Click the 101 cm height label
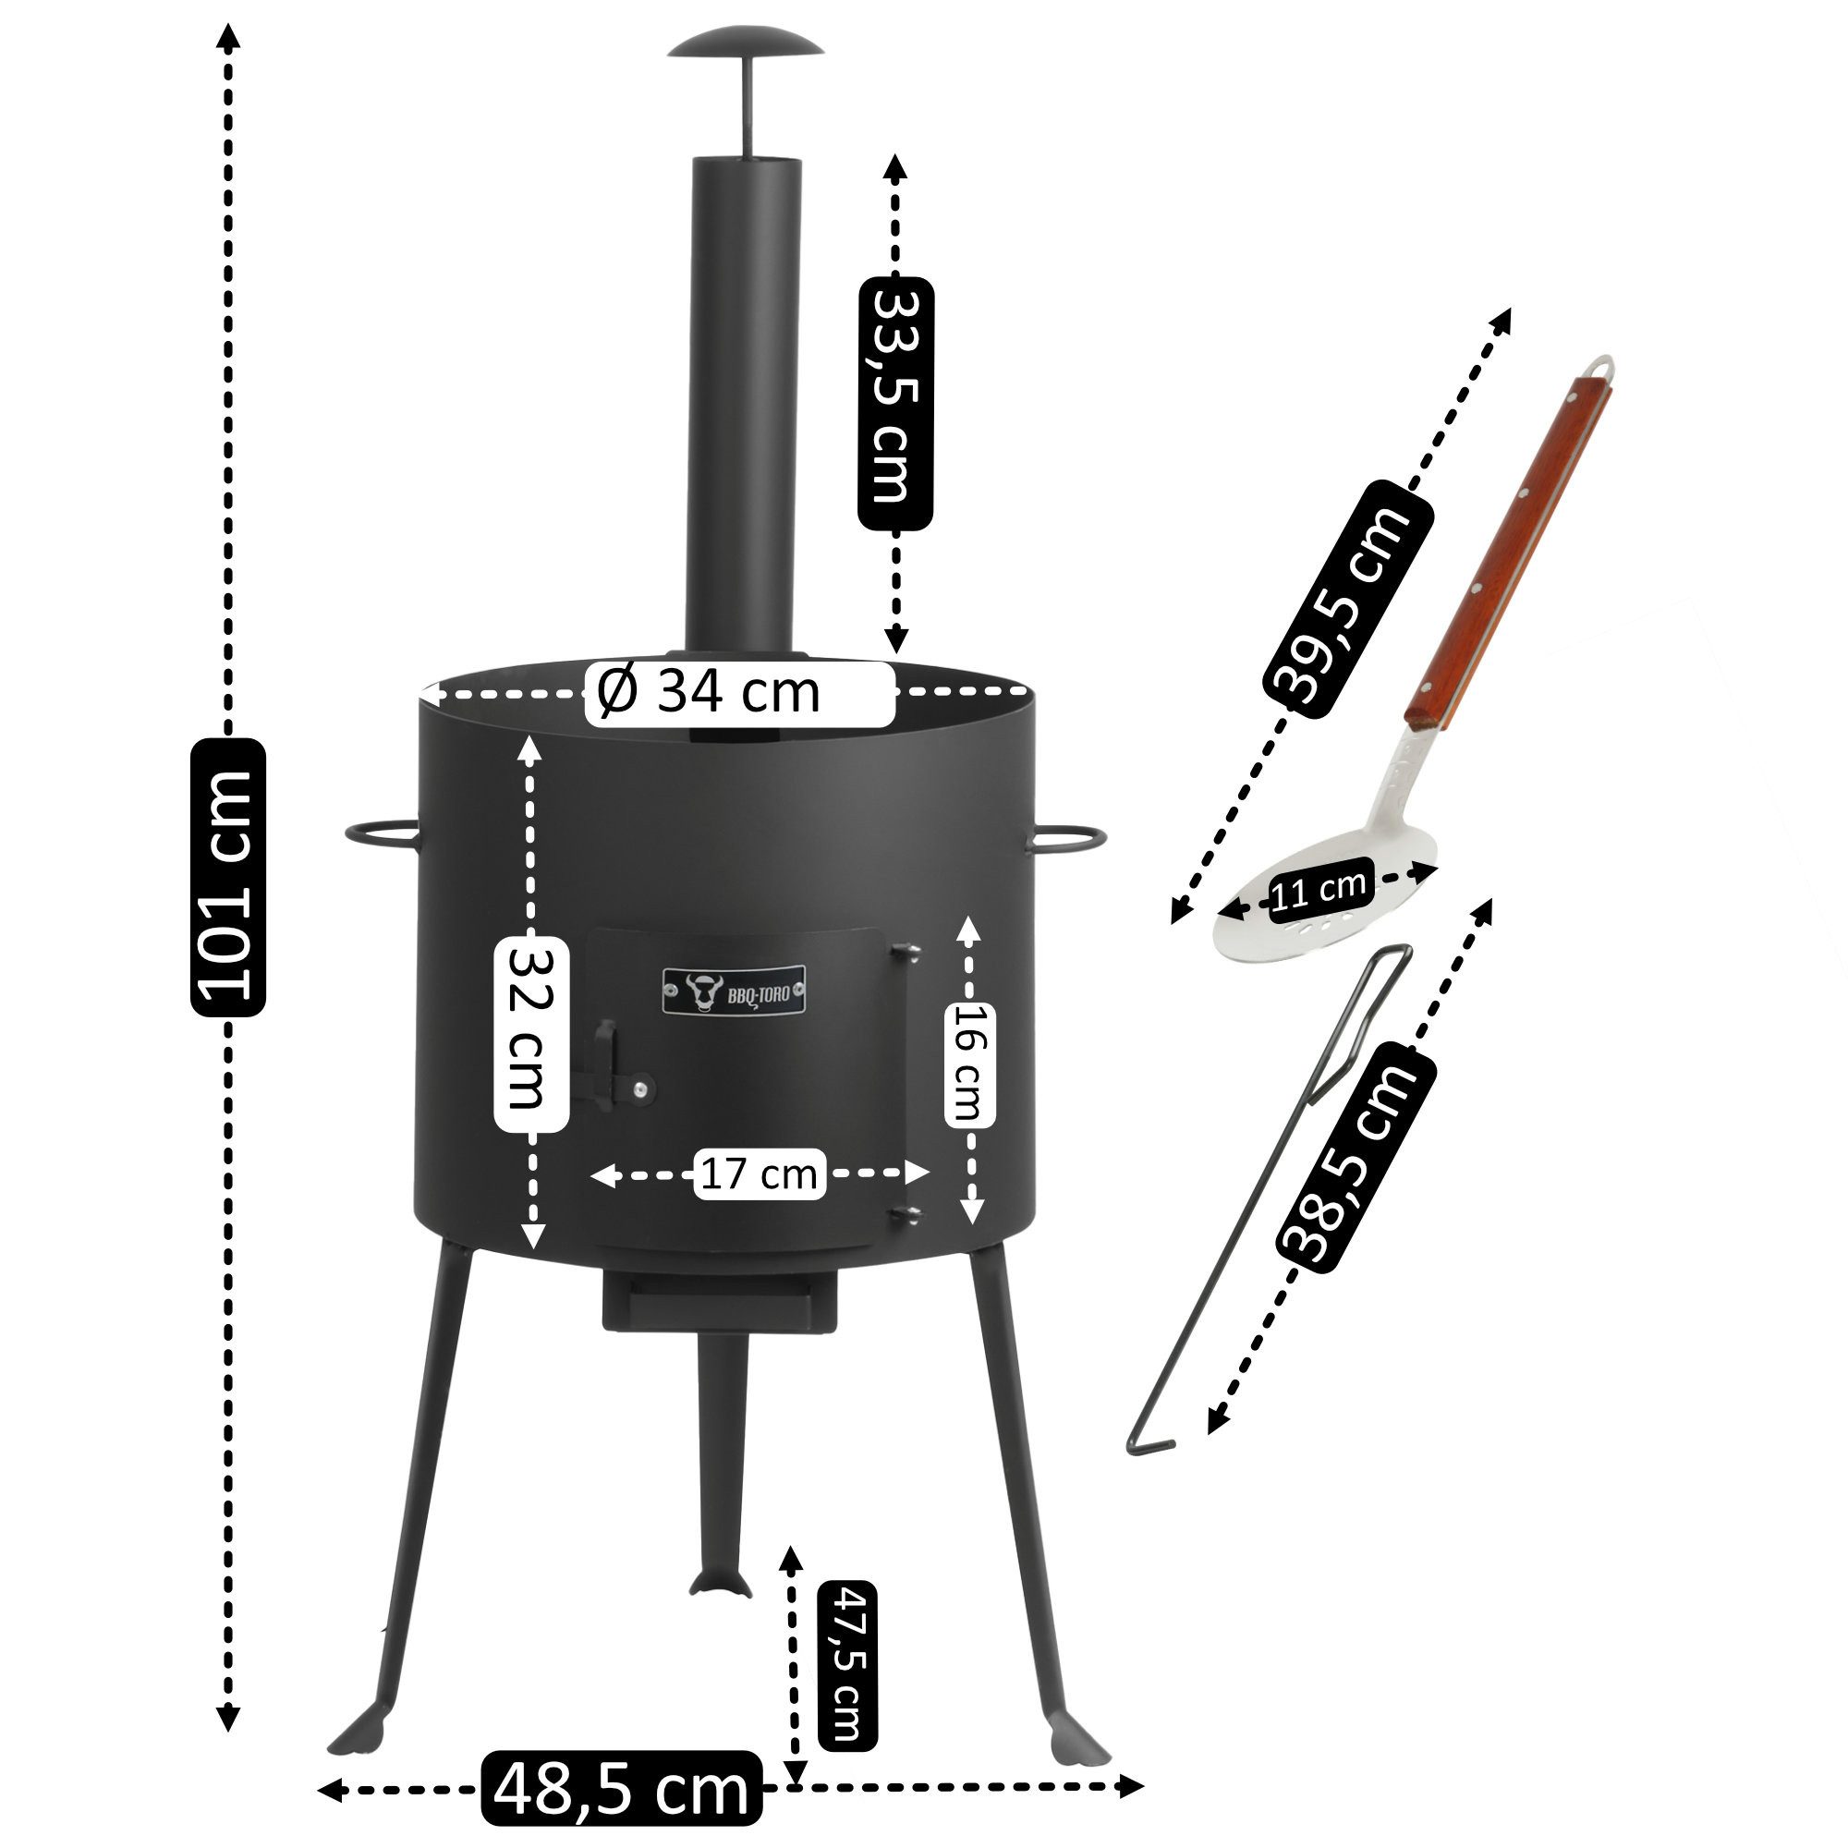[x=228, y=875]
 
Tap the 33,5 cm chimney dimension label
[x=895, y=403]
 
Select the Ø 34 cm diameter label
[x=739, y=691]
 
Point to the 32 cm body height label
[x=532, y=1036]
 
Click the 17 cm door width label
[x=759, y=1173]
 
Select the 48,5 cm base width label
[x=622, y=1786]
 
